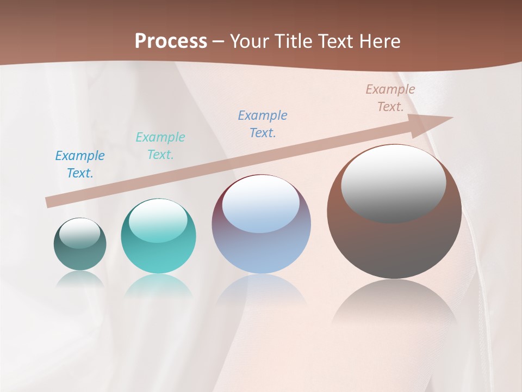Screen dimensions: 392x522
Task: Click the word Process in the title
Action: click(x=171, y=41)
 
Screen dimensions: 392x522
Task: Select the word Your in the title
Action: click(x=248, y=41)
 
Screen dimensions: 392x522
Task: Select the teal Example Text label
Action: click(x=160, y=146)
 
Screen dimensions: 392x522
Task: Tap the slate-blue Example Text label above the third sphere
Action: click(x=263, y=124)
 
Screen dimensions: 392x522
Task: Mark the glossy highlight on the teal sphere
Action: click(x=159, y=219)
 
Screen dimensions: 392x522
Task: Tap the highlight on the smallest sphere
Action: click(x=80, y=233)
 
